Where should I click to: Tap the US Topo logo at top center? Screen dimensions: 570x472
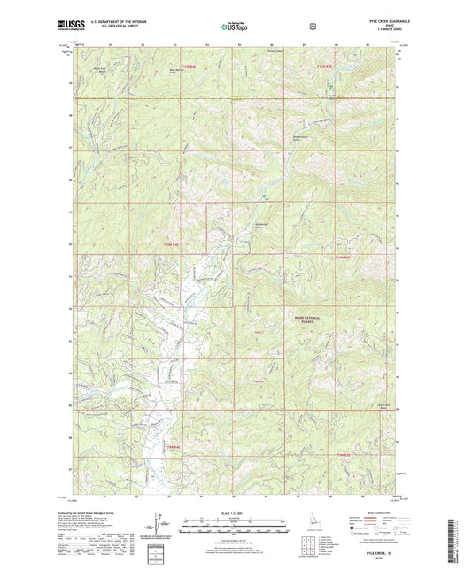click(x=236, y=27)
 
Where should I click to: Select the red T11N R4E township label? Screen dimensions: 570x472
click(x=184, y=66)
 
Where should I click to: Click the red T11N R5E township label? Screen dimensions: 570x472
click(x=325, y=66)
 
